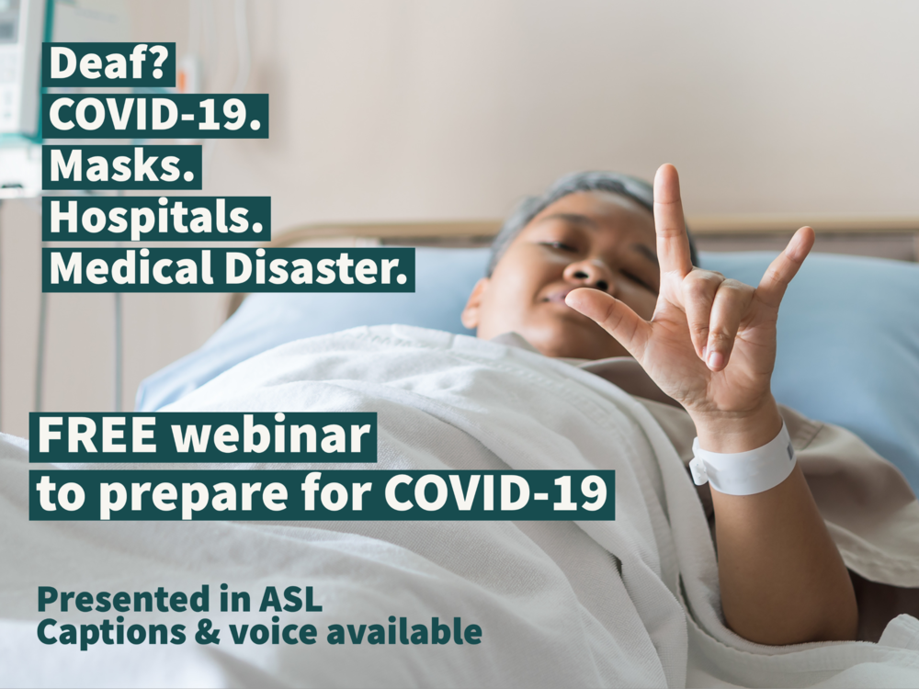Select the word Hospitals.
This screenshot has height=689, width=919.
click(155, 218)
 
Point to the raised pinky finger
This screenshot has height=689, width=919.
click(792, 248)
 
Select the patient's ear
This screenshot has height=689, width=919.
click(474, 308)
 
